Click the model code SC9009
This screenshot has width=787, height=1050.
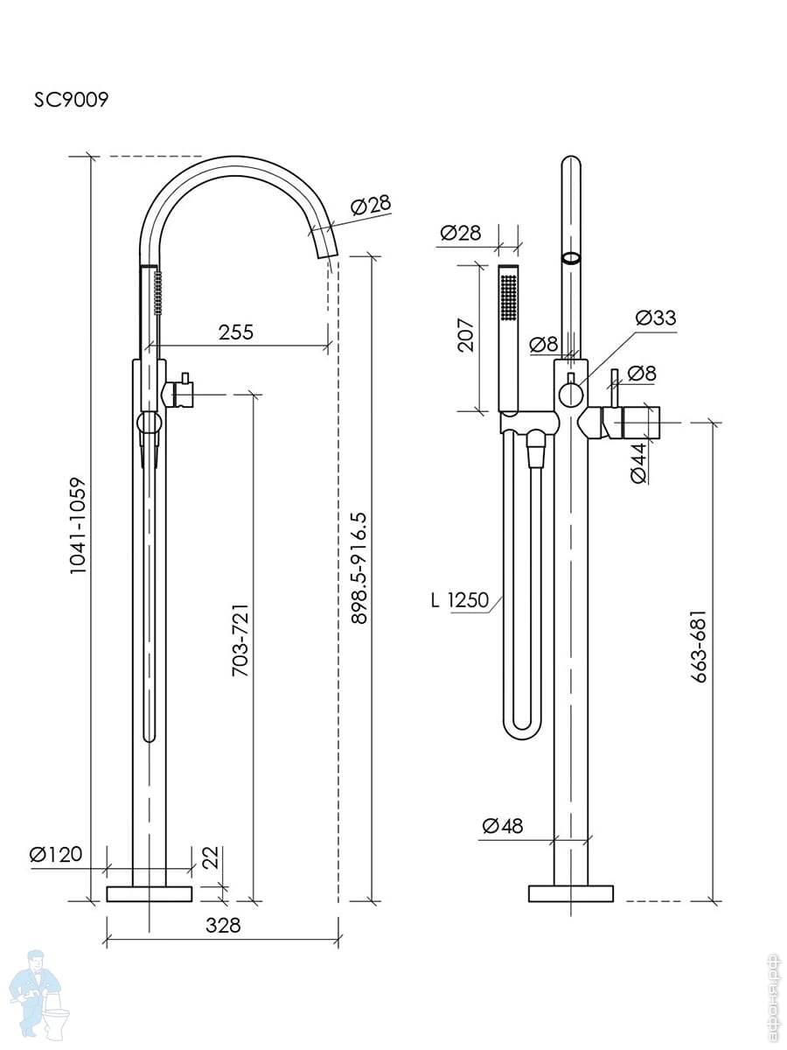point(71,99)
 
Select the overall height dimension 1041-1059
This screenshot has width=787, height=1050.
point(79,525)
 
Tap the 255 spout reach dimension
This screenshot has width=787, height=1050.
point(236,332)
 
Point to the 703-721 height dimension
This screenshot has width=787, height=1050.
point(240,639)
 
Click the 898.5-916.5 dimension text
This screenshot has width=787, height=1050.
point(358,567)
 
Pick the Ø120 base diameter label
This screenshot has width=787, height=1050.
point(56,854)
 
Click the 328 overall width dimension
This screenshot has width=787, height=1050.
point(223,925)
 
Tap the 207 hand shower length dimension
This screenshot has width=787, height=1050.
point(465,335)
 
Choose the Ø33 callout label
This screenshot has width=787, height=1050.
point(656,318)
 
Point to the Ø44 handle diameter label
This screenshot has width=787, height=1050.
point(638,464)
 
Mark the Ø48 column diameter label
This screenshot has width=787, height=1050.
point(502,825)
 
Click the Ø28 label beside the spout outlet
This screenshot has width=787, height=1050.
point(370,206)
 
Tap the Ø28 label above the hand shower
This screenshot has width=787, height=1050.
point(460,233)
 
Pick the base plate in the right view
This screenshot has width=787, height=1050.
point(570,893)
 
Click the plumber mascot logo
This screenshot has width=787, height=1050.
point(39,993)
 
